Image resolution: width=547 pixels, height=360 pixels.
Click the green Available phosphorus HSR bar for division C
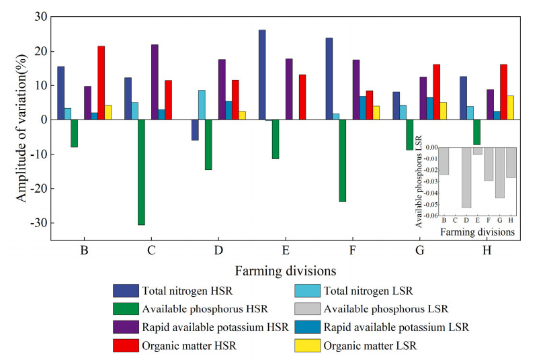pos(141,172)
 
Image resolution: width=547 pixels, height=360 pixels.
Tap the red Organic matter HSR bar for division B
pos(101,83)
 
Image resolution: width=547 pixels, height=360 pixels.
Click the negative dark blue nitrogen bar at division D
pos(195,130)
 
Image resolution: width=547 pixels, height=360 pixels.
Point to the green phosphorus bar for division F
pos(343,161)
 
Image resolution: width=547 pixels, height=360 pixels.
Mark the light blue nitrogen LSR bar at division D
pos(202,105)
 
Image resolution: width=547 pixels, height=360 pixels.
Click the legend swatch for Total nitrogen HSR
pos(126,291)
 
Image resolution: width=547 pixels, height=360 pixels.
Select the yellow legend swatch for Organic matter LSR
pos(308,346)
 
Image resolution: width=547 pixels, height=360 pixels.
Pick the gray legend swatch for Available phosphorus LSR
pos(308,309)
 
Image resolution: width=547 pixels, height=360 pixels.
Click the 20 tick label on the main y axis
pos(38,51)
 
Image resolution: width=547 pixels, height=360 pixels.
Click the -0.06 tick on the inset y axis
pos(427,215)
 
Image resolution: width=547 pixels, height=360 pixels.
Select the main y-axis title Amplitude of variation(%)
pos(21,128)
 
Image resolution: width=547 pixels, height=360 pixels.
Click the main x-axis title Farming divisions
pos(286,271)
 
